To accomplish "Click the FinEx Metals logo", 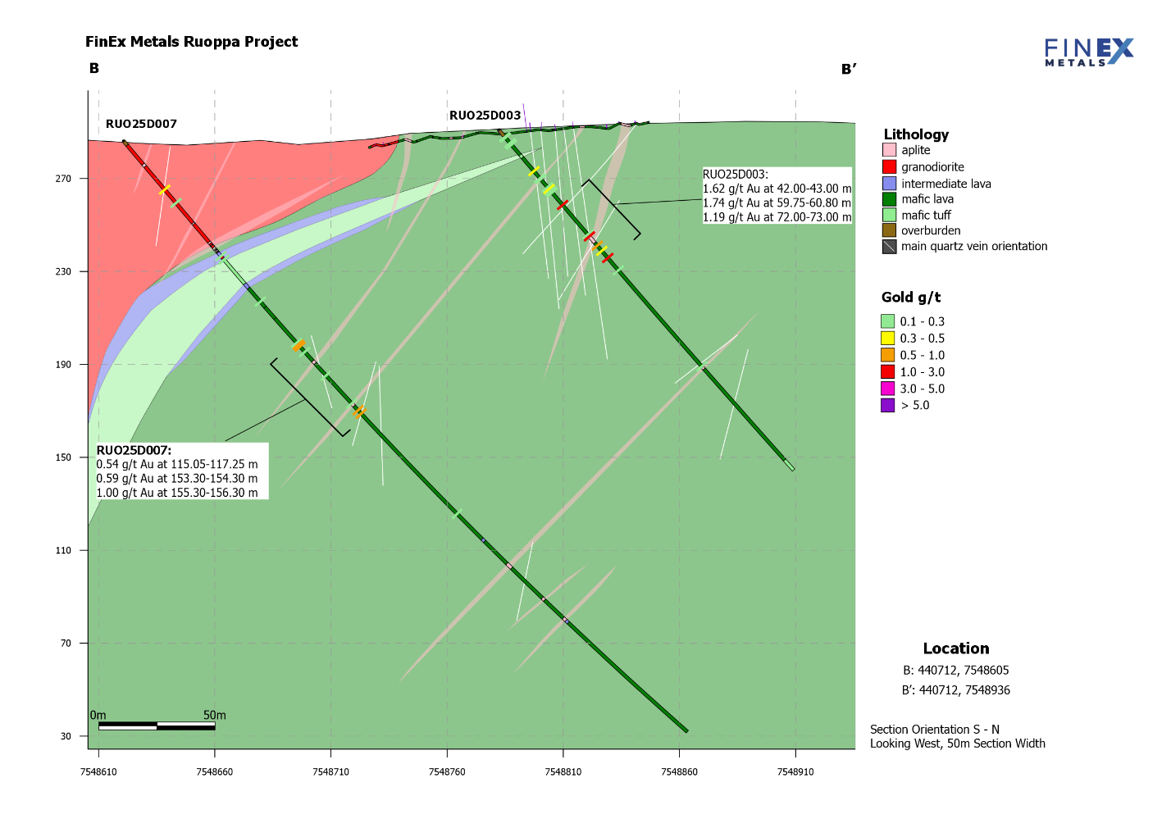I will [1088, 52].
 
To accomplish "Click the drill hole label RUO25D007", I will [141, 125].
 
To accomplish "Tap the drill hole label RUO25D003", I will [485, 116].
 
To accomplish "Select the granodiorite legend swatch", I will [889, 167].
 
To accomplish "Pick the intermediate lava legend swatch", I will [889, 184].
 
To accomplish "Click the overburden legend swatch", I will [889, 231].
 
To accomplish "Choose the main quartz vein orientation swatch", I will [889, 247].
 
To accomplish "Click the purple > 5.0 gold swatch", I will [887, 406].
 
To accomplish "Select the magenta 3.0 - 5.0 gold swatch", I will [887, 389].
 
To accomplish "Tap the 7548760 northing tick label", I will [447, 772].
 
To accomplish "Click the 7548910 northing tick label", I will [795, 772].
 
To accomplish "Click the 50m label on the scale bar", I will [215, 716].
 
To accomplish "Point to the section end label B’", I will [849, 70].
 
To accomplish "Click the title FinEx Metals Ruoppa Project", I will [191, 42].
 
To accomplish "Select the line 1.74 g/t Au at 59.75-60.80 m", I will [777, 203].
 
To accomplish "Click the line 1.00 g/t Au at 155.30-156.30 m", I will [177, 494].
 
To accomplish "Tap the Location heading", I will [955, 648].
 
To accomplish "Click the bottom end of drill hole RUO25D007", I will [686, 730].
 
